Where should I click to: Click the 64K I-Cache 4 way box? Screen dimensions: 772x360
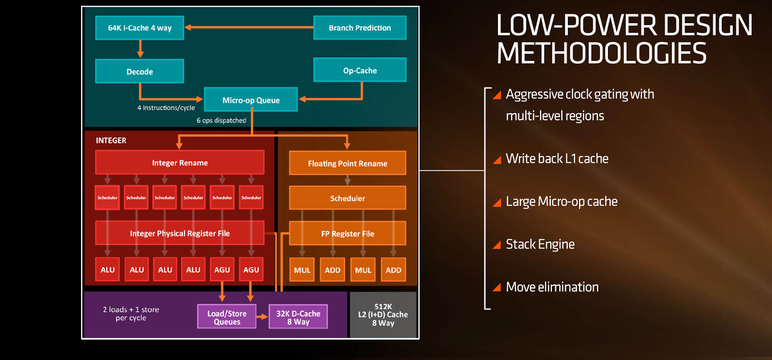tap(139, 28)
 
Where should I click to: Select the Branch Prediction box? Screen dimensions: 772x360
tap(360, 28)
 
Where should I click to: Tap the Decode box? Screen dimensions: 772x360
tap(139, 71)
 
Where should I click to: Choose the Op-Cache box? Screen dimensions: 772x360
tap(360, 69)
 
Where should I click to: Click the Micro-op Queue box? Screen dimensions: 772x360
tap(251, 99)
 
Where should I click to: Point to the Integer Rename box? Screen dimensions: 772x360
tap(180, 162)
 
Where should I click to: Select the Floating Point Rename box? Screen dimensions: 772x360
tap(347, 163)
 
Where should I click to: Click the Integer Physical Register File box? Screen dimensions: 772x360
tap(180, 233)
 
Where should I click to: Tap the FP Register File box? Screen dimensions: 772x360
tap(347, 233)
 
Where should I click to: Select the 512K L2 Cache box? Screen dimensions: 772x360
tap(383, 315)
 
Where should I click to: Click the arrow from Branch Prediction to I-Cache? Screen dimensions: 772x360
tap(249, 27)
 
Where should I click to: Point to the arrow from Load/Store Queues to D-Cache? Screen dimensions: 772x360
tap(262, 317)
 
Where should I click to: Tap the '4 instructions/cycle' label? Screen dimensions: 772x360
tap(166, 108)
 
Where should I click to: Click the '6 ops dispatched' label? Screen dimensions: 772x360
tap(221, 120)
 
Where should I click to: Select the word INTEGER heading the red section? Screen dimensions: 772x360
tap(111, 140)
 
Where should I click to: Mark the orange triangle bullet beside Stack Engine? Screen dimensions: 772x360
tap(497, 245)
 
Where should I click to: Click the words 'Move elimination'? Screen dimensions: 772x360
tap(552, 287)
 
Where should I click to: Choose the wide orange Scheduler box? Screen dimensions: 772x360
tap(347, 198)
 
